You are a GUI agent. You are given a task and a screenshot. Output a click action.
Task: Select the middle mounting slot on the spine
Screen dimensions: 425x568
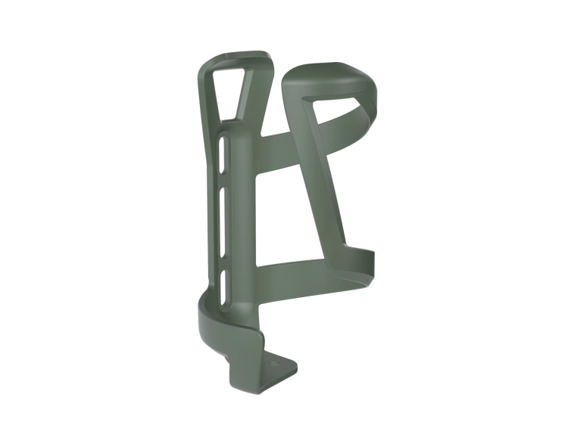click(223, 216)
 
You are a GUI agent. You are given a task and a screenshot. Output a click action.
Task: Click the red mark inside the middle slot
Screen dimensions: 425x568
click(222, 232)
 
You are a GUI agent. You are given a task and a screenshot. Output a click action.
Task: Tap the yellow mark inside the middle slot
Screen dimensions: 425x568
click(222, 243)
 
